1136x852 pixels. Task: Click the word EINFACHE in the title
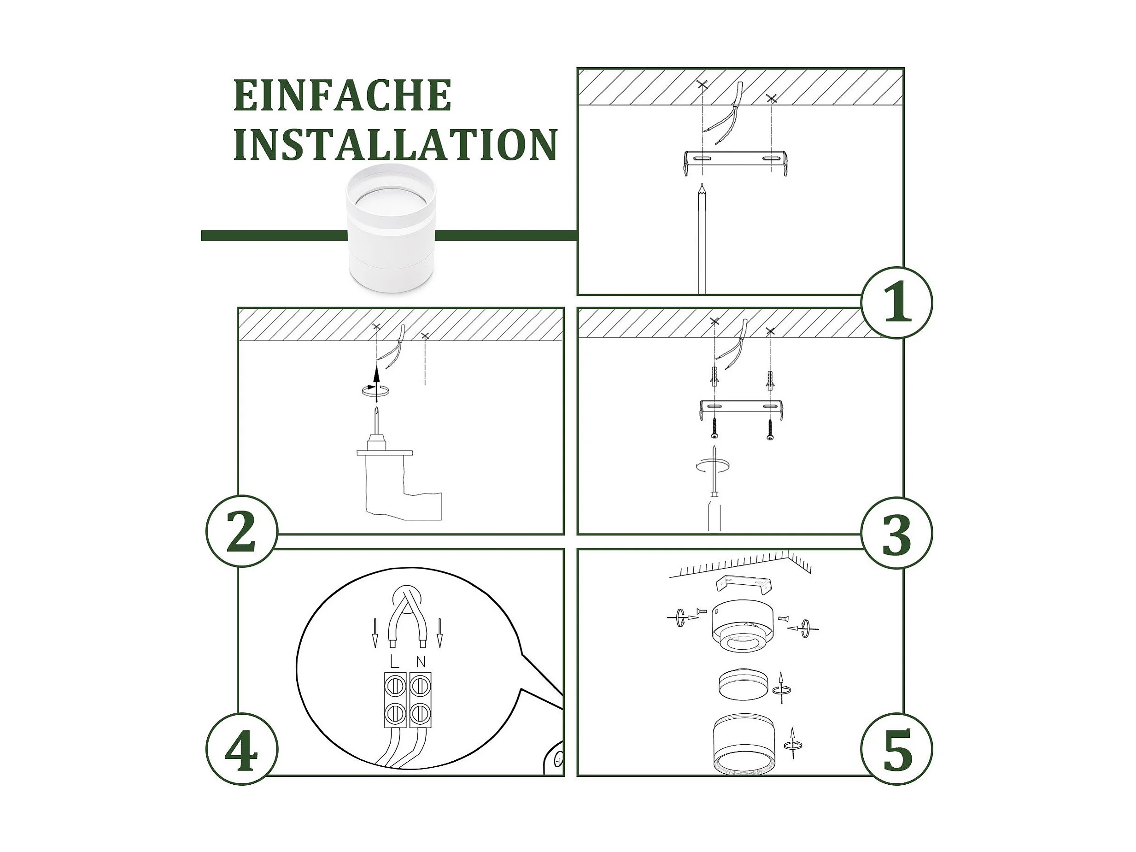pos(343,95)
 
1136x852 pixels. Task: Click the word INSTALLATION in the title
pos(395,144)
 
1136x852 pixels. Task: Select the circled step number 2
pos(241,531)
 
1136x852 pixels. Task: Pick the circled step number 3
pos(896,533)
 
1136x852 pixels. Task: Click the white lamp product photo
pos(391,229)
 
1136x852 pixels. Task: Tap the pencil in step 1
pos(702,239)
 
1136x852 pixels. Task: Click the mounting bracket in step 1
pos(735,162)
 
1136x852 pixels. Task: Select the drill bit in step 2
pos(377,420)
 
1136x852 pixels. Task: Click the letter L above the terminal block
pos(394,662)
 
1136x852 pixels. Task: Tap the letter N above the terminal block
pos(421,662)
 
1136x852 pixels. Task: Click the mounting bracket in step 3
pos(741,409)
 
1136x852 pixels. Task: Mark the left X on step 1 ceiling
pos(703,85)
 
